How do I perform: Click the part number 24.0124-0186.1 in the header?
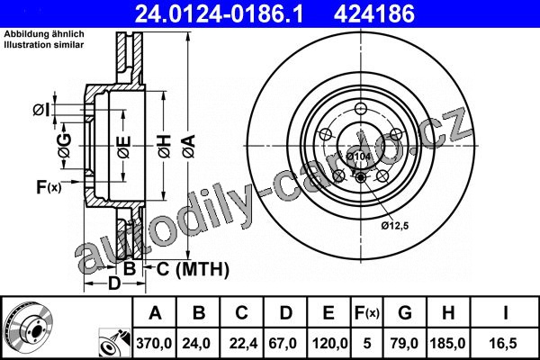[219, 14]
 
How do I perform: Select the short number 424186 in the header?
[374, 14]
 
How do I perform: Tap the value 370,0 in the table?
[154, 343]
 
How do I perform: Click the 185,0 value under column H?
[447, 343]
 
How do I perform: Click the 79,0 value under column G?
[404, 343]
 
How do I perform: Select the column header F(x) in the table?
[367, 313]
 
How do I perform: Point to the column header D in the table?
[286, 313]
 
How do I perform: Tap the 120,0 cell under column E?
[329, 343]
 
